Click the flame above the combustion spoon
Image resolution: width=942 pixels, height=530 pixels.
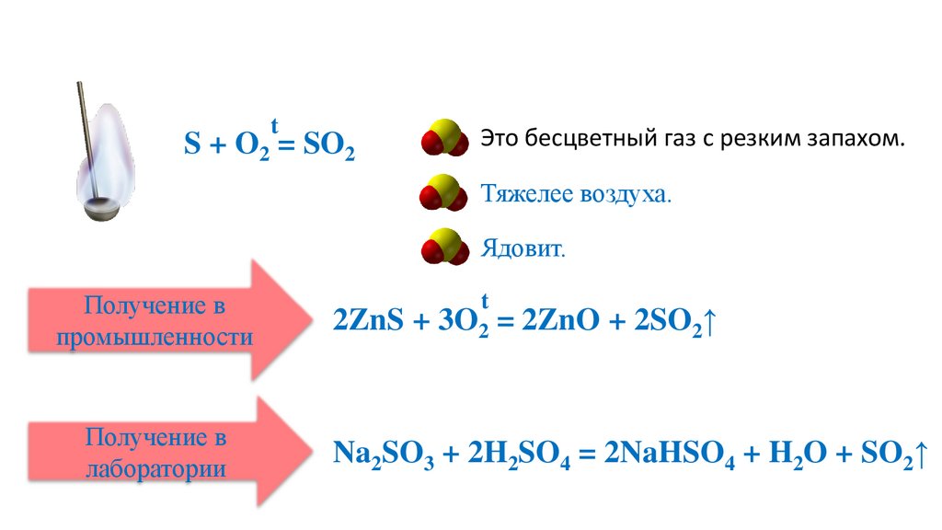109,147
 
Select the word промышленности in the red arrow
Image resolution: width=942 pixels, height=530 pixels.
155,338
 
